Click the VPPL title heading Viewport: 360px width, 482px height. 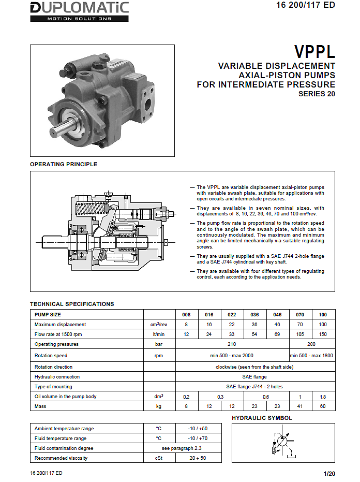(314, 52)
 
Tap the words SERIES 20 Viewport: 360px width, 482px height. (317, 94)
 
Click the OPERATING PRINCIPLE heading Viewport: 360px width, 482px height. (64, 164)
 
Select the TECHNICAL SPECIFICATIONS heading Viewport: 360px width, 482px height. (72, 304)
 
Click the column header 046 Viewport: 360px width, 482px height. (277, 314)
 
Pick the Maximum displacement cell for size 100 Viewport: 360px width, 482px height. (323, 325)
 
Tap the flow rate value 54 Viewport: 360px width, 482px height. (254, 334)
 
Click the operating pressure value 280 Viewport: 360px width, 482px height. (312, 344)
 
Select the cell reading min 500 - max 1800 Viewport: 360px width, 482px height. (312, 356)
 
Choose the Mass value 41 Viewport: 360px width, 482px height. (301, 406)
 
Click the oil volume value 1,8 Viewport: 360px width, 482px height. (323, 397)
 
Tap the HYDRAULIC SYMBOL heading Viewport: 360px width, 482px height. (262, 418)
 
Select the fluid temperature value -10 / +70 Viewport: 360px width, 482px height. (199, 439)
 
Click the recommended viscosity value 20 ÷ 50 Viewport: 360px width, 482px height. (199, 458)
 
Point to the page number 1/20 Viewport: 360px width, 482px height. (329, 474)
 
